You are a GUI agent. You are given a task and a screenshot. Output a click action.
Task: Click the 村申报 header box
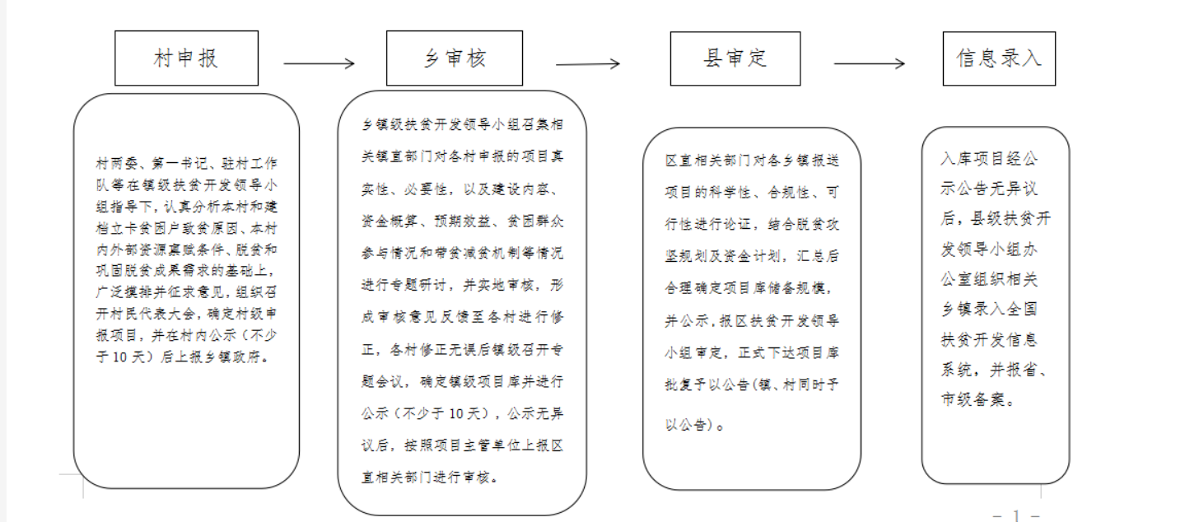click(x=186, y=58)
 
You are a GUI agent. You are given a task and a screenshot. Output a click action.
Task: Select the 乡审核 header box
click(x=455, y=58)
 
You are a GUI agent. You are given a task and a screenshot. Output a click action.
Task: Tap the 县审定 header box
click(x=735, y=58)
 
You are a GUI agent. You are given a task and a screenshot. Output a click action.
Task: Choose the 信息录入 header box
click(x=999, y=58)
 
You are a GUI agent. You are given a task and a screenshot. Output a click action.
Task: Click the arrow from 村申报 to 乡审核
click(x=319, y=63)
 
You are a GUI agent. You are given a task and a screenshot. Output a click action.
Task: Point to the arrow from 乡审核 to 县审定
click(x=587, y=64)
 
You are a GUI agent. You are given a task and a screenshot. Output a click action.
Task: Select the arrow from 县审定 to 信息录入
click(x=869, y=63)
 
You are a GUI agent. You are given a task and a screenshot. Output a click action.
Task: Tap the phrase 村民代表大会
click(x=153, y=314)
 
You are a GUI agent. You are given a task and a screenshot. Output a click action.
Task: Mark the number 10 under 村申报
click(x=119, y=357)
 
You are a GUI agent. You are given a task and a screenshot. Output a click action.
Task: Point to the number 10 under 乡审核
click(x=456, y=413)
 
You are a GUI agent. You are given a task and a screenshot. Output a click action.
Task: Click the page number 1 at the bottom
click(x=1016, y=515)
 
